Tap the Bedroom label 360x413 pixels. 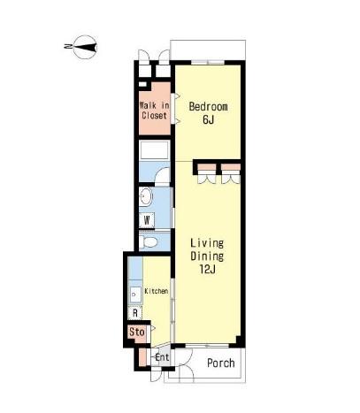(x=208, y=106)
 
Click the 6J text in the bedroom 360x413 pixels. (x=208, y=119)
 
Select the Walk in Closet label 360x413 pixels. (x=155, y=111)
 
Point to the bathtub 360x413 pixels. (x=155, y=150)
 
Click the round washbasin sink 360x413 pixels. (x=146, y=196)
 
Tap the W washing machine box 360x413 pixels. (x=147, y=220)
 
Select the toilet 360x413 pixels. (x=149, y=241)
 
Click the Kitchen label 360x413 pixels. (x=157, y=291)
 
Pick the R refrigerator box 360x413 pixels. (x=135, y=313)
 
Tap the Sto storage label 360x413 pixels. (x=137, y=332)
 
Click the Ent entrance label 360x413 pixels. (x=162, y=357)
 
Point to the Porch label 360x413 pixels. (x=221, y=363)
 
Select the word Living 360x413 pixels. (x=207, y=243)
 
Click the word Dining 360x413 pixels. (x=207, y=256)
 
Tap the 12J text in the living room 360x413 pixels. (x=207, y=269)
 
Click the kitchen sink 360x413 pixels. (x=135, y=294)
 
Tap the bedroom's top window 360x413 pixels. (x=208, y=62)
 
